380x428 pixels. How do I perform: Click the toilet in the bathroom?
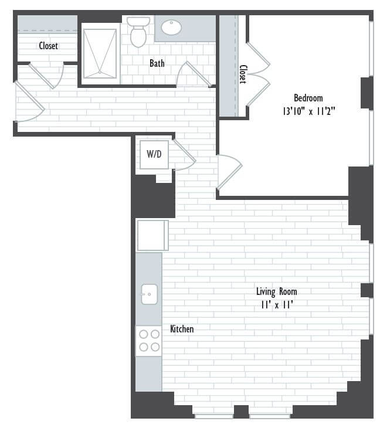click(138, 32)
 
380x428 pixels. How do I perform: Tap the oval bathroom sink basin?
click(171, 28)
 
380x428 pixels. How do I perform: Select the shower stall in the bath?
click(100, 53)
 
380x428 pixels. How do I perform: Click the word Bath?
click(157, 63)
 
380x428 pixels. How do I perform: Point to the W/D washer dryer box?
click(154, 155)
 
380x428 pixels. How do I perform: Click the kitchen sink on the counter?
click(150, 294)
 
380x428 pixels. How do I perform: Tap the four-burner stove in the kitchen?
click(149, 341)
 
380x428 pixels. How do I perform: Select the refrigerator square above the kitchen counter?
click(152, 235)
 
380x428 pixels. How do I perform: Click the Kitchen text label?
click(182, 329)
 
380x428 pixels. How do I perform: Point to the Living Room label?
click(276, 291)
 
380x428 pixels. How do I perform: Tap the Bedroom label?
click(308, 98)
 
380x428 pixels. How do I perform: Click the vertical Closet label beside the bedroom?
click(243, 74)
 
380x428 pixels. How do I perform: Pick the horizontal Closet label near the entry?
click(48, 45)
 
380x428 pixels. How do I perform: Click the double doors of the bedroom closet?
click(258, 74)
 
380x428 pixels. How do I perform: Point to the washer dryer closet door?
click(184, 155)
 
